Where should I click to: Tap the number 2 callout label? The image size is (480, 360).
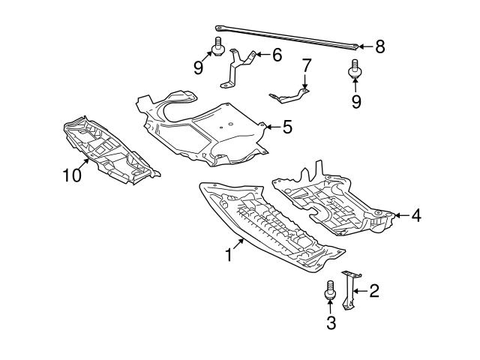click(373, 290)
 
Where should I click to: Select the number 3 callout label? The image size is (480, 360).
click(330, 324)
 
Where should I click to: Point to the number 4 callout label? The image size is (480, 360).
click(415, 216)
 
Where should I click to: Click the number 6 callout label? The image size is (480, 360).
click(277, 54)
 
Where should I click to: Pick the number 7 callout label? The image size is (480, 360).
click(306, 66)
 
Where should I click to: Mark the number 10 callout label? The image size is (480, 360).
click(72, 176)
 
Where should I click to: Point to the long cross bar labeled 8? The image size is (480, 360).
click(285, 34)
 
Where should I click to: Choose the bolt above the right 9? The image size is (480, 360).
click(355, 70)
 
